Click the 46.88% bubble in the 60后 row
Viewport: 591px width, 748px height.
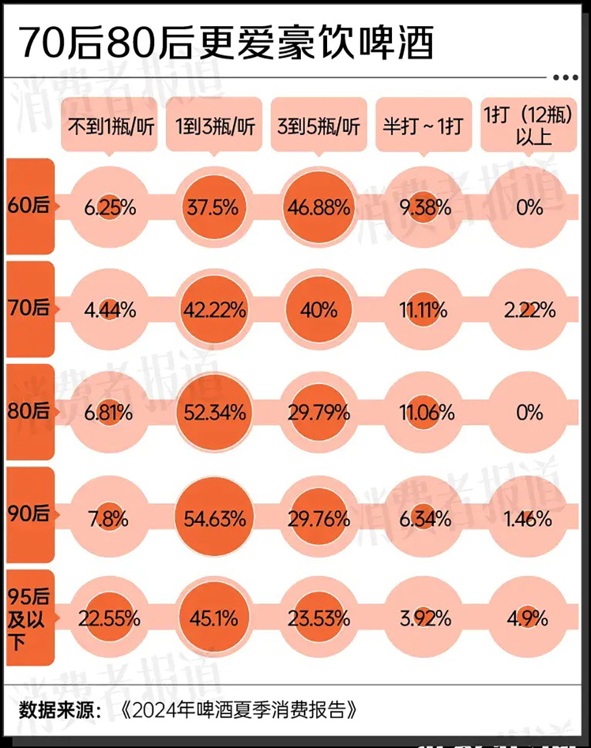[319, 207]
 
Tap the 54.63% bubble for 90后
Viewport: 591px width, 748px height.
[214, 519]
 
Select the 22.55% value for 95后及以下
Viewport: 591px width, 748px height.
[110, 618]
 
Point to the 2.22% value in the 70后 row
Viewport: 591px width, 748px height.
[530, 310]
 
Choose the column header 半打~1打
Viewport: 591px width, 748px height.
[423, 126]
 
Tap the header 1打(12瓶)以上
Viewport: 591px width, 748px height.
[528, 125]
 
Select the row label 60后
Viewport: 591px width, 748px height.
[29, 206]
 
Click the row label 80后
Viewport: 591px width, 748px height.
[29, 411]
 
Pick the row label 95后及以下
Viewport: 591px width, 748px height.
[28, 618]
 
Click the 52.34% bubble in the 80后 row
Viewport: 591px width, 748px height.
[214, 413]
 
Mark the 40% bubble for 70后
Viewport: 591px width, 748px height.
[319, 310]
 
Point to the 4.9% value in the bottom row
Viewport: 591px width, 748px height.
[528, 619]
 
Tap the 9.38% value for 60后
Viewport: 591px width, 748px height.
[425, 207]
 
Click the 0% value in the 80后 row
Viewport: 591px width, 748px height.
[529, 413]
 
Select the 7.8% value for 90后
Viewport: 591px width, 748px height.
[108, 519]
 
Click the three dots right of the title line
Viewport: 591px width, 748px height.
[565, 77]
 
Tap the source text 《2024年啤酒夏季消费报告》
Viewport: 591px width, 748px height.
[238, 710]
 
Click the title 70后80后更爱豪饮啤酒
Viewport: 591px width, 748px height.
[227, 43]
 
